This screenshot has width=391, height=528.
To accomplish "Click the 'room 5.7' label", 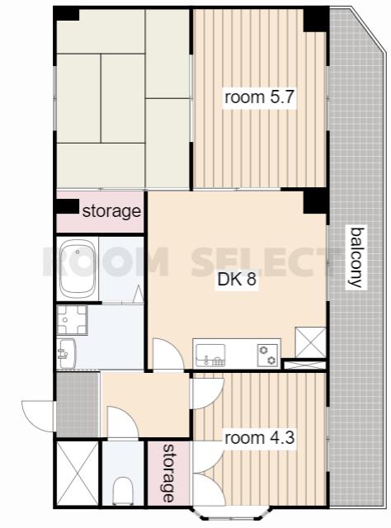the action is tap(259, 97).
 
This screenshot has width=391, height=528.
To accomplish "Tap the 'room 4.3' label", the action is tap(259, 438).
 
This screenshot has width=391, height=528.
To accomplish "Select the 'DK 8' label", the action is tap(237, 279).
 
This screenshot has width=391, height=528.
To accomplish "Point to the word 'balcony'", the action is tap(356, 258).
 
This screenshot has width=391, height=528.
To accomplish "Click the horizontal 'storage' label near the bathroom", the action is tap(111, 211).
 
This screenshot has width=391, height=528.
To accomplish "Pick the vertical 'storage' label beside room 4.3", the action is tap(169, 473).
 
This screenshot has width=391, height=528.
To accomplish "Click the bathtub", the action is tap(77, 268).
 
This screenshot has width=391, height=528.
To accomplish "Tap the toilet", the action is tap(122, 491).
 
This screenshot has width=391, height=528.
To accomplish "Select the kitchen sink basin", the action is tap(210, 356).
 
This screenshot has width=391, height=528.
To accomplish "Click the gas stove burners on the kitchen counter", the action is tap(268, 356).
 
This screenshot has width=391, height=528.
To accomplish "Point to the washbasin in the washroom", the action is tap(67, 354).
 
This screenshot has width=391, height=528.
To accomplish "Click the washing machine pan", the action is tap(72, 320).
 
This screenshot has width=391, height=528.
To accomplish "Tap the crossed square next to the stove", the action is tap(310, 342).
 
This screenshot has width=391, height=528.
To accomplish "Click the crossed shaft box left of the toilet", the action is tap(77, 474).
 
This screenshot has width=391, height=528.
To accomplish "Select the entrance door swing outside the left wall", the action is tap(38, 416).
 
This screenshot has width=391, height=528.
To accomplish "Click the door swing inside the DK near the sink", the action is tap(167, 354).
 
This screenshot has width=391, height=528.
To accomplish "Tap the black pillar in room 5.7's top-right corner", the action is tap(316, 20).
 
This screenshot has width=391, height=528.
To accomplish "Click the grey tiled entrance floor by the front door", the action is tap(78, 404).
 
